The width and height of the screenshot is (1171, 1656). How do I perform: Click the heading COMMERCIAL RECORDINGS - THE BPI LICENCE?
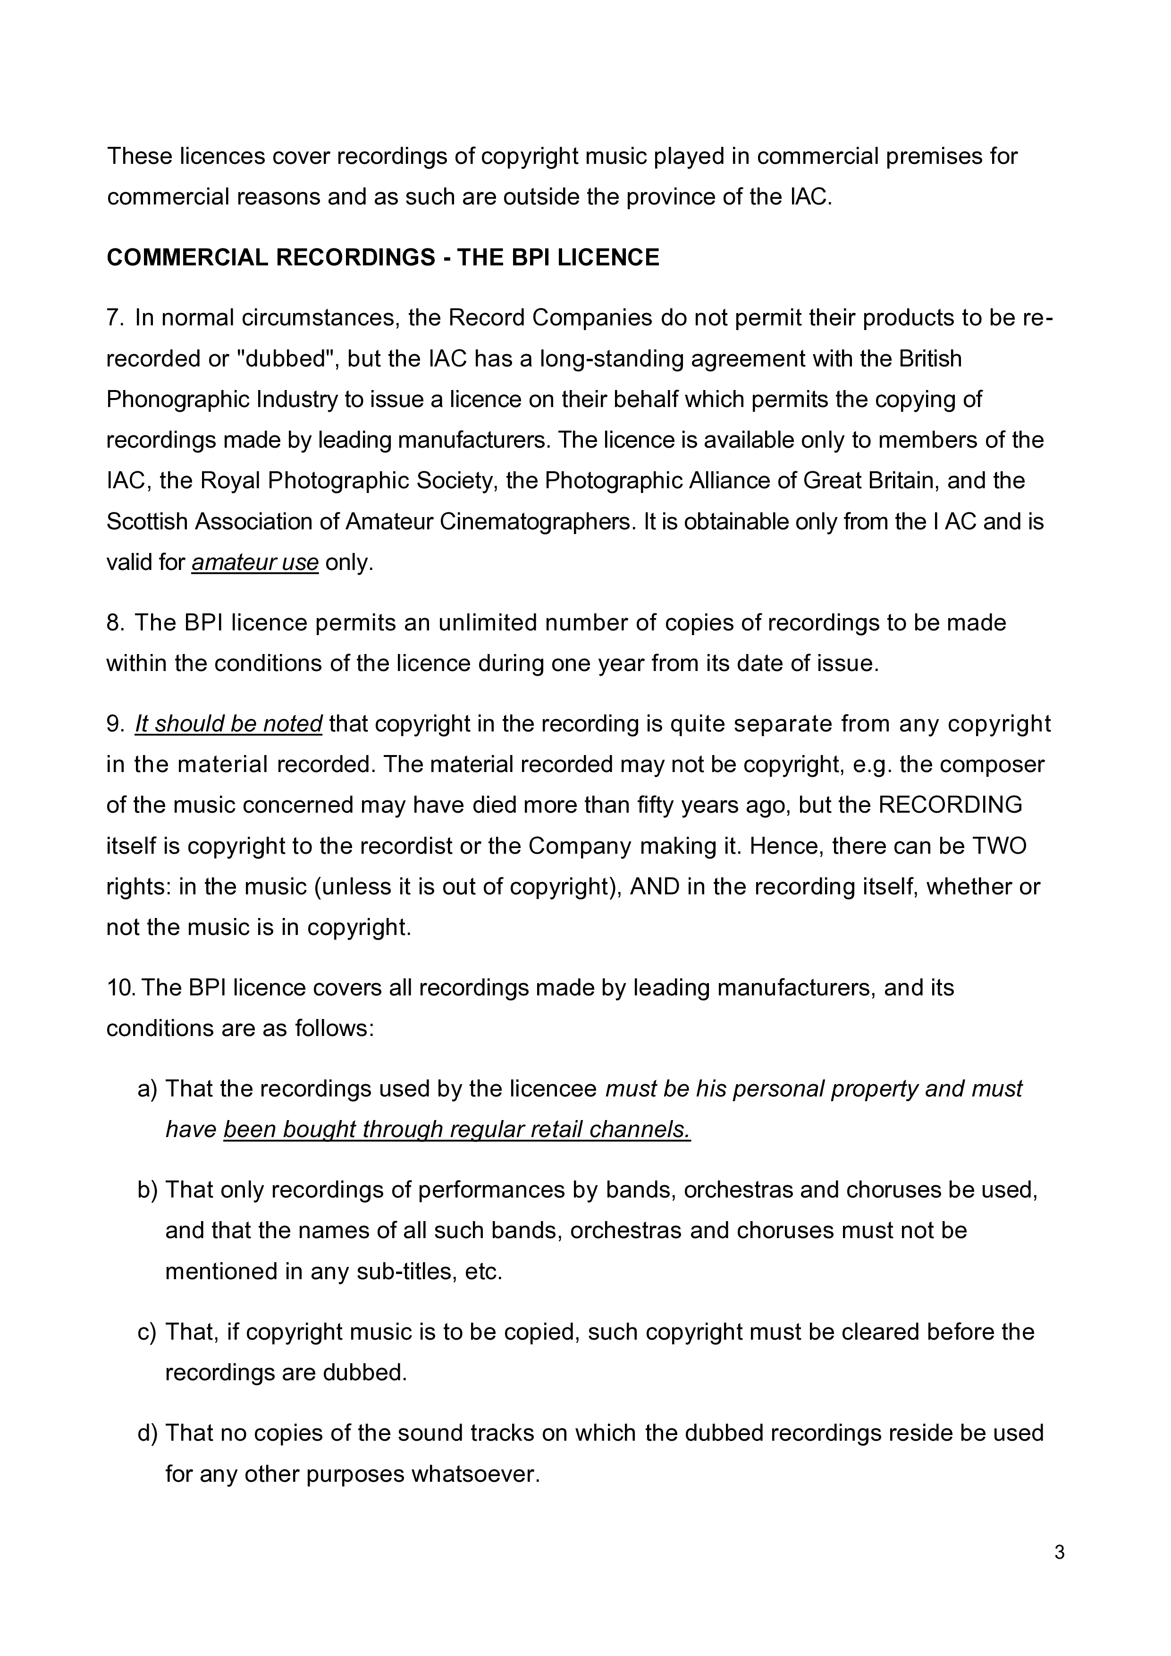[383, 257]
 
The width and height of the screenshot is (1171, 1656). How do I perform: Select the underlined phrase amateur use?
[255, 562]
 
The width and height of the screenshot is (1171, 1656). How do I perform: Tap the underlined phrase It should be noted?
[228, 723]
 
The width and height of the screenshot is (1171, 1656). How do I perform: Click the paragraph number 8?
[115, 622]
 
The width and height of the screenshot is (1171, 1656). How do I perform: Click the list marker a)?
[147, 1088]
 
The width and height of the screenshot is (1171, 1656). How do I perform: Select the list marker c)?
[147, 1332]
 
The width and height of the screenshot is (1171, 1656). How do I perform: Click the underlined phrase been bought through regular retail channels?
[457, 1129]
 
